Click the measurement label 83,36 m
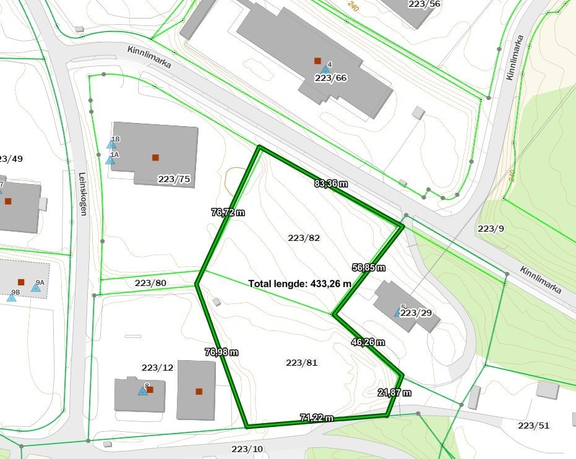point(331,183)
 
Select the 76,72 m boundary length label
point(228,212)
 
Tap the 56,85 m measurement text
point(368,267)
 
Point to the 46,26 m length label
point(368,342)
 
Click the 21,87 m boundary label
point(395,392)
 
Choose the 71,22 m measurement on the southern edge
point(316,418)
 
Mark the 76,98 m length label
point(221,352)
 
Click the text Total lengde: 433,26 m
point(300,284)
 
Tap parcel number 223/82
point(304,238)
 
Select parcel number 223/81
point(302,363)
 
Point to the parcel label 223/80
point(151,283)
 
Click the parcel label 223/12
point(158,368)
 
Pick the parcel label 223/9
point(491,229)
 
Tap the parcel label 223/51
point(534,426)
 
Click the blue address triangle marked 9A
point(37,287)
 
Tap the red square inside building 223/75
point(155,158)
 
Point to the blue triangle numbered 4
point(325,70)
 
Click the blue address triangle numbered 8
point(142,391)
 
